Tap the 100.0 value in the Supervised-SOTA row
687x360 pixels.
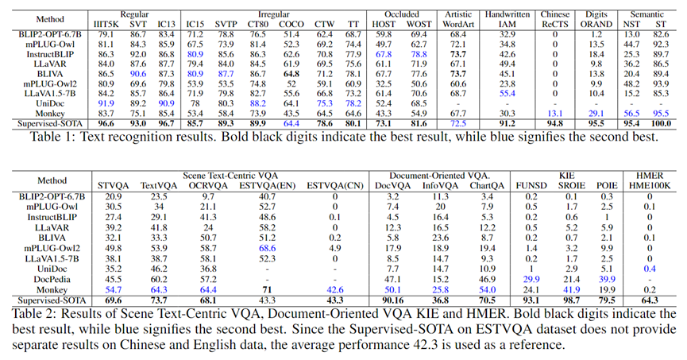click(661, 124)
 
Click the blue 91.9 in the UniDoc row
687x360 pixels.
click(106, 103)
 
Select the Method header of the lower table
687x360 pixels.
click(50, 181)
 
